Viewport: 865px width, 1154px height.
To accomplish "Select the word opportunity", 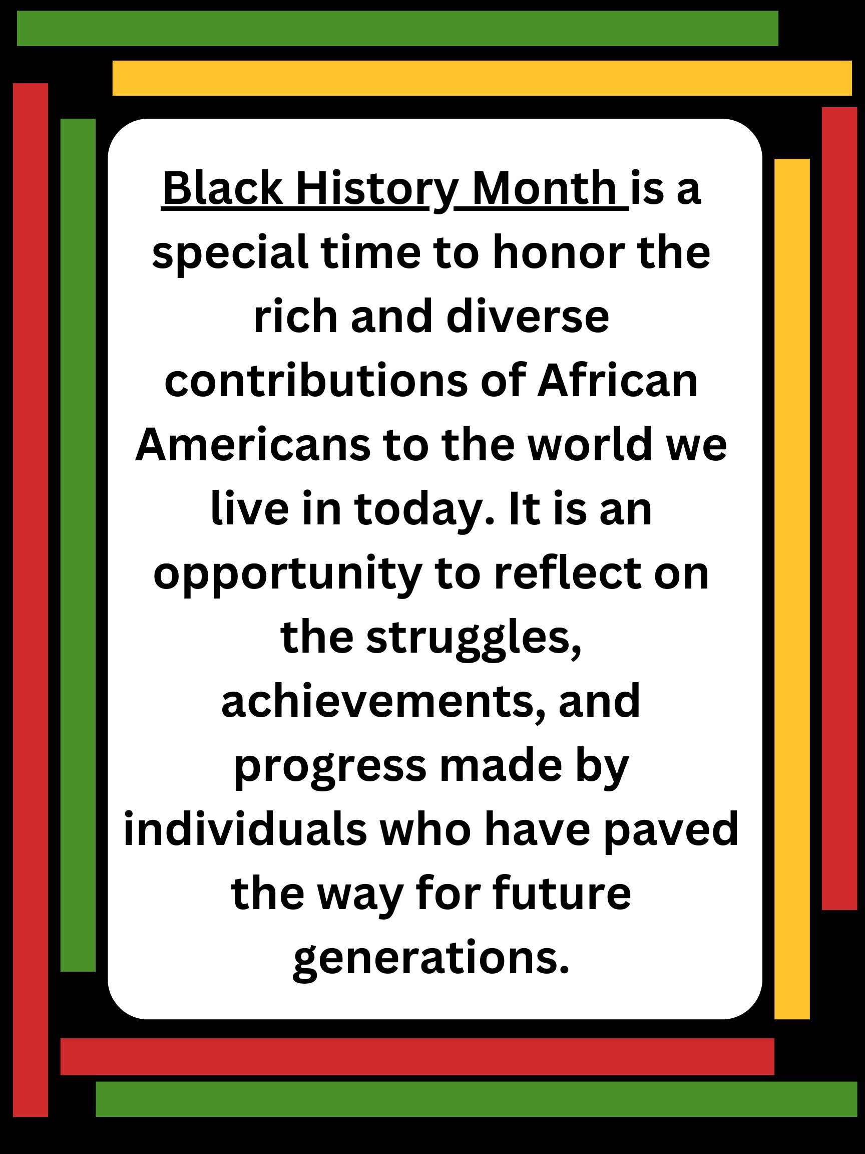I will point(287,574).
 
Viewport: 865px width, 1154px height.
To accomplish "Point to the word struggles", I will point(474,638).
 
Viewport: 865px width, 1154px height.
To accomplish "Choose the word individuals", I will point(245,830).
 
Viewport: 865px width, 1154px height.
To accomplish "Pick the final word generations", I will point(430,959).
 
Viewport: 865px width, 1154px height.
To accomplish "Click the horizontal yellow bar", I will point(482,78).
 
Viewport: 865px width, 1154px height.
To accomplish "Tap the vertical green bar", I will point(78,544).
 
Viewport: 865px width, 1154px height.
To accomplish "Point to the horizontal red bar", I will point(417,1056).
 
